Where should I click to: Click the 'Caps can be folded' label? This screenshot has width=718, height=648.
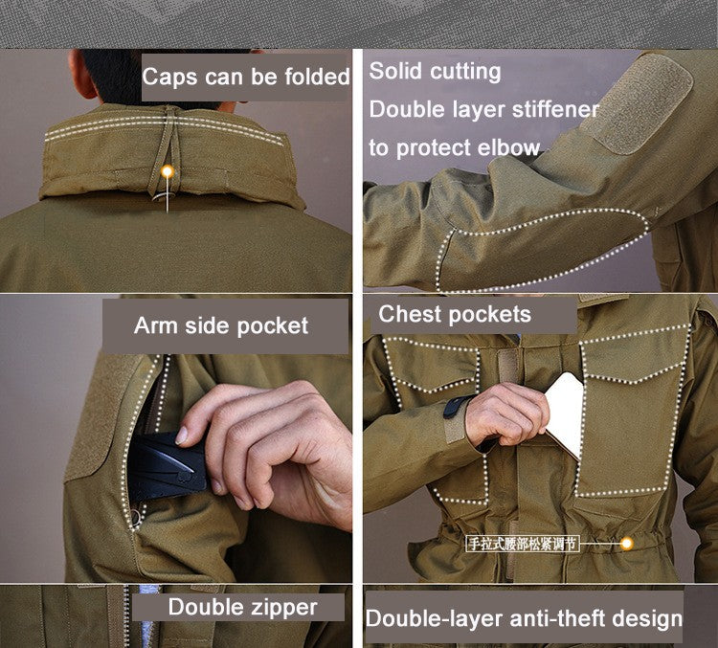[246, 77]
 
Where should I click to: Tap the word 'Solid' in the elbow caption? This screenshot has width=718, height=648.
[396, 71]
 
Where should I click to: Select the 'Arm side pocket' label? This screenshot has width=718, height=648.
[221, 325]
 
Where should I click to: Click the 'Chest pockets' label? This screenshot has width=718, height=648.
[455, 314]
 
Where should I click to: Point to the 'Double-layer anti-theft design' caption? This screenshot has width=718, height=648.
[524, 618]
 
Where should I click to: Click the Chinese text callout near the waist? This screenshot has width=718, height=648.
[523, 544]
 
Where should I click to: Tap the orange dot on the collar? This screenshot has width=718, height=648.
[168, 172]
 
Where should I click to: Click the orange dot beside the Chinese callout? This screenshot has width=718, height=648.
[627, 544]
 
